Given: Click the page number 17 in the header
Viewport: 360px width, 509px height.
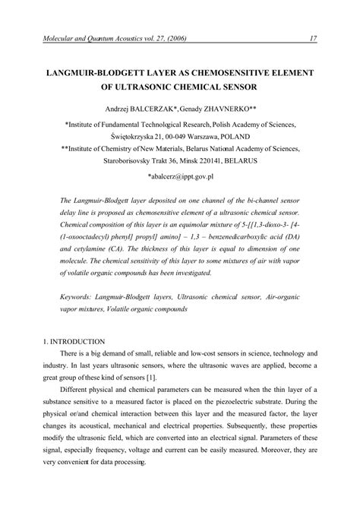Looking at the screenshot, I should (312, 40).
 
